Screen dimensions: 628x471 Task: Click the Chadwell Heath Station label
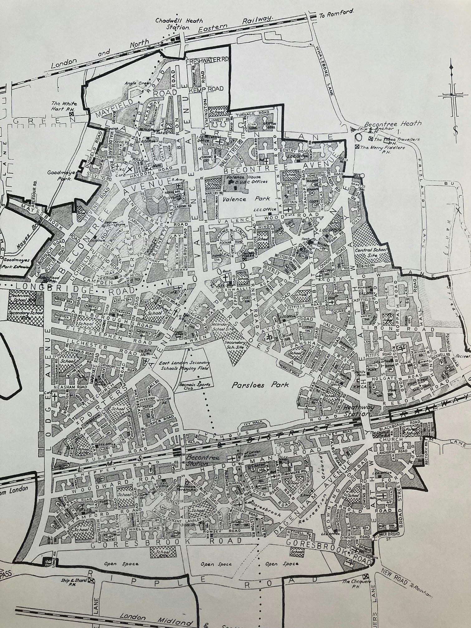(179, 24)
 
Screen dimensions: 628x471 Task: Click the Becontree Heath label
(394, 123)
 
